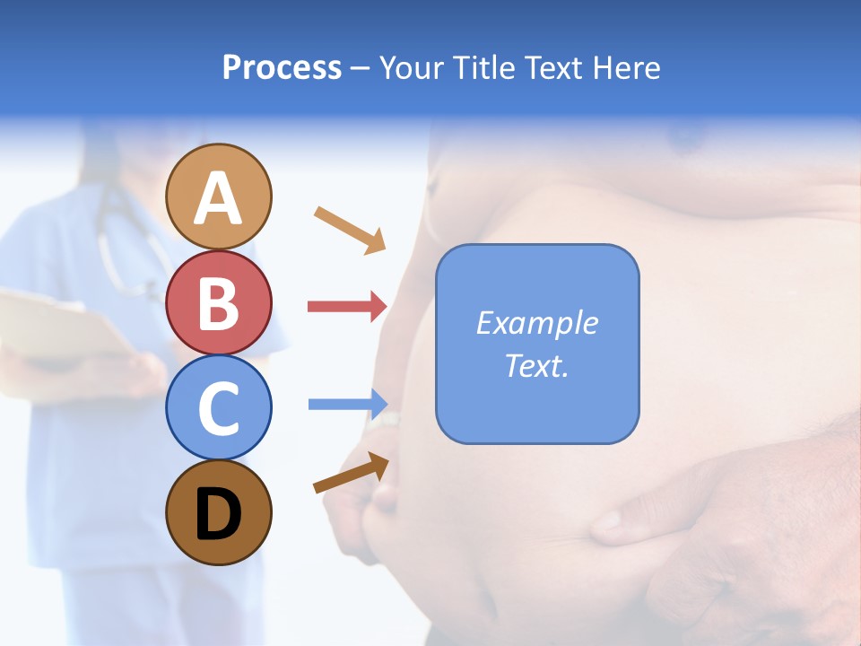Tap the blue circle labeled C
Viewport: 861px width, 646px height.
[219, 407]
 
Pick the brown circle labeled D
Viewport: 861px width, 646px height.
[219, 512]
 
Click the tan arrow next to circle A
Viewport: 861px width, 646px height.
[350, 229]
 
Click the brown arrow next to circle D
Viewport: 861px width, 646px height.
[351, 473]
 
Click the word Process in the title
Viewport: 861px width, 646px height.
[282, 67]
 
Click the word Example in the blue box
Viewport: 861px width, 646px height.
[536, 323]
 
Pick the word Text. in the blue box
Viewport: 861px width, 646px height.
[536, 365]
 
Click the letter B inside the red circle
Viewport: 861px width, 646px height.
[219, 304]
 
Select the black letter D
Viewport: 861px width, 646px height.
[219, 514]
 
